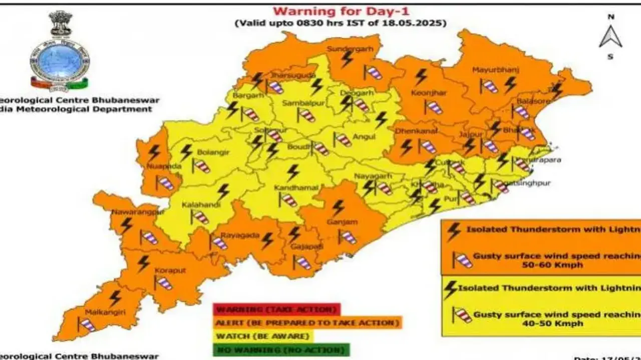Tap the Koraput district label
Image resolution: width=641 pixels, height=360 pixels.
tap(170, 271)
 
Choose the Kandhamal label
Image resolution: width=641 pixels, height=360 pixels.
tap(296, 188)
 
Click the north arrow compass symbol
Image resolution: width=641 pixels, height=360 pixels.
tap(610, 36)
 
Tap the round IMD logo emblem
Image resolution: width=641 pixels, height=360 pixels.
tap(59, 64)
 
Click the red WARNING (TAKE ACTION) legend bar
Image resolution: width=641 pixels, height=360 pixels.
tap(276, 309)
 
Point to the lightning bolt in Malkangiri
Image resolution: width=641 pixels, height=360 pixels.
tap(115, 298)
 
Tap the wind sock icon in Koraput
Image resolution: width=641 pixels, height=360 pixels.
tap(163, 283)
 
